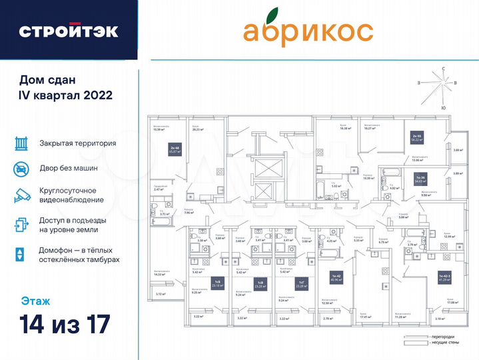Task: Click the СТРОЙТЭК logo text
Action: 69,31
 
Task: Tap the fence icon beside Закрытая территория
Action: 21,143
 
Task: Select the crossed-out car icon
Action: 21,169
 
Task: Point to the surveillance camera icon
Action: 21,195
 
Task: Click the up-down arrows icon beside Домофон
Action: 21,254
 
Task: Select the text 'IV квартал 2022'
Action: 65,95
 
